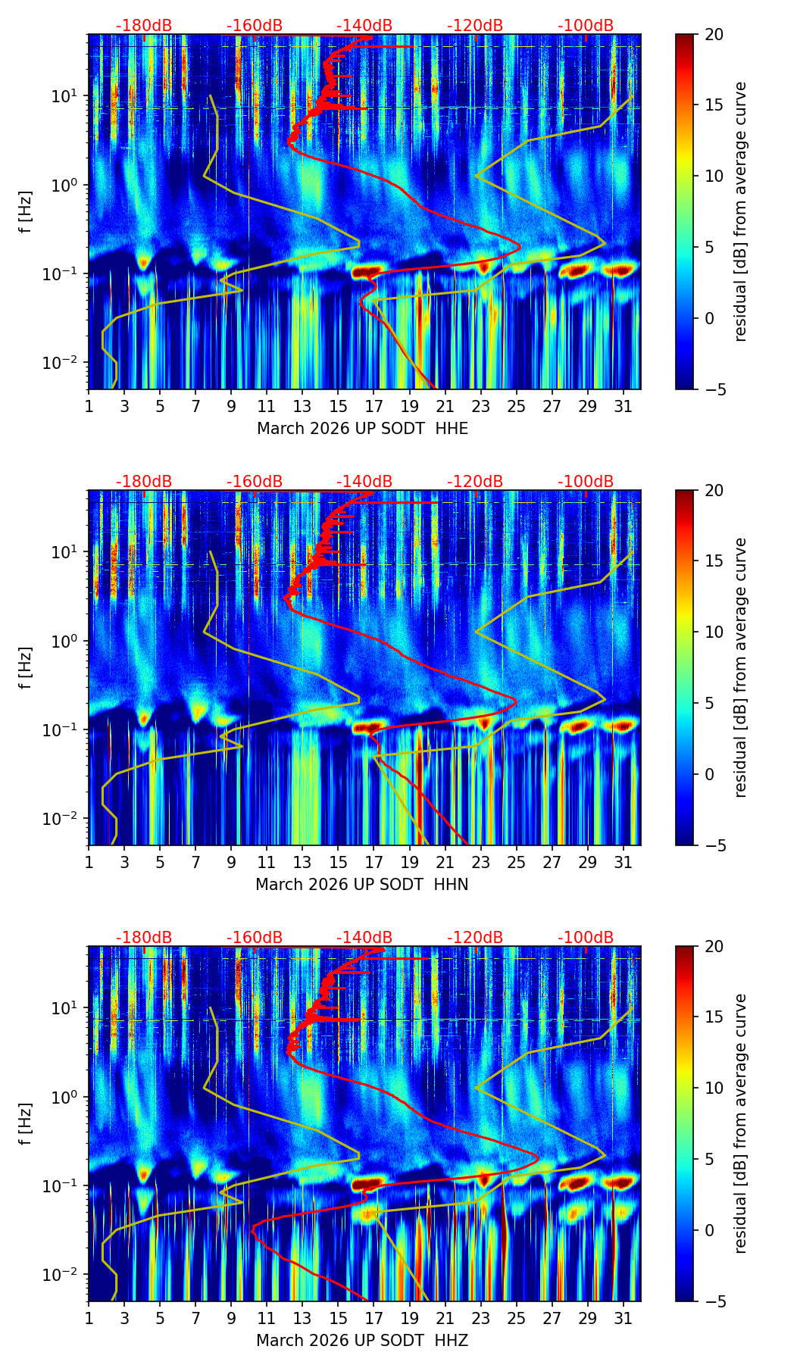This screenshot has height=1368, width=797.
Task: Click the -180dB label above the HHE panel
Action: tap(144, 26)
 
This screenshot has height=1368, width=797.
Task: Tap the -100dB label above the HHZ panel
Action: tap(586, 938)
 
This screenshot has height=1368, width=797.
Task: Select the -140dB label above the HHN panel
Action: tap(364, 482)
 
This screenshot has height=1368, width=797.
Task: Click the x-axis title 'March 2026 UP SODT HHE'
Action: tap(362, 429)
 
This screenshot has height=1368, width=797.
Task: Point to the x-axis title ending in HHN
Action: tap(361, 885)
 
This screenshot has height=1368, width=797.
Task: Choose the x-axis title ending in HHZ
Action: tap(361, 1341)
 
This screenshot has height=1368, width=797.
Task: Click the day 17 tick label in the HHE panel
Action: tap(373, 406)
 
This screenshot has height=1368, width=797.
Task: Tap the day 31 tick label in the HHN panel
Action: tap(623, 862)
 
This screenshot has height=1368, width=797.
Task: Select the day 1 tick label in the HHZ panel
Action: tap(89, 1318)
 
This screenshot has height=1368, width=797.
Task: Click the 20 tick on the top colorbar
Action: tap(714, 34)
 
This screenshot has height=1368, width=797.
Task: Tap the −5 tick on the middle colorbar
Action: tap(714, 845)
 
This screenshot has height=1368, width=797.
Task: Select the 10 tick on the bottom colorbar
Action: tap(714, 1088)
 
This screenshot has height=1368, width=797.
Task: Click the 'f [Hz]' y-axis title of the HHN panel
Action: tap(25, 667)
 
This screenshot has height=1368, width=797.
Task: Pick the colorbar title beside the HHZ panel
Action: tap(740, 1123)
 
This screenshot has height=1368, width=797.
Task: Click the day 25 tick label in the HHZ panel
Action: tap(516, 1318)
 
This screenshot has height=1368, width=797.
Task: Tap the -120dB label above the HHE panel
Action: tap(475, 26)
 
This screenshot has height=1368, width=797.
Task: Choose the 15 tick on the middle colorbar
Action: tap(714, 561)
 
